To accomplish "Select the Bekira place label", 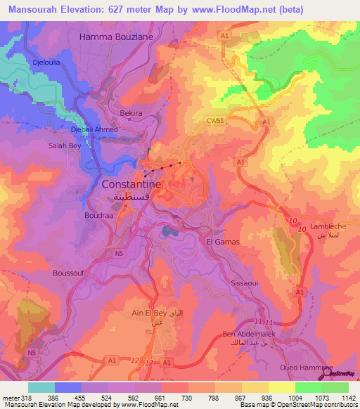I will coord(131,112).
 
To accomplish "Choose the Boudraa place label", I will coord(99,215).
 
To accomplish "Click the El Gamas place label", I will coord(223,242).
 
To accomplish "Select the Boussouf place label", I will coord(70,273).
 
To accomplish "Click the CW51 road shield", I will coord(215,120).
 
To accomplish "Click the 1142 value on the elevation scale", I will coord(342,398).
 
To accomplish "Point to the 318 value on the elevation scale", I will coord(28,398).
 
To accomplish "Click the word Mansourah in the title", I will coord(30,9).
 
